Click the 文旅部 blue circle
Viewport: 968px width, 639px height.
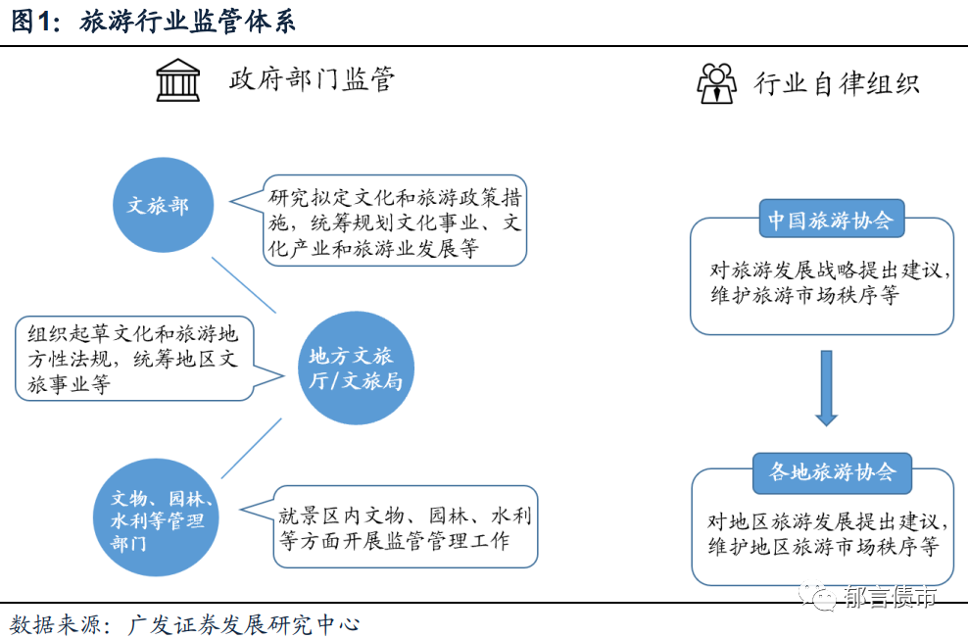[x=158, y=206]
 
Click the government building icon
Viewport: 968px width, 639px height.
[x=177, y=80]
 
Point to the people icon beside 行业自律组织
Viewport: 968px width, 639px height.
[x=716, y=83]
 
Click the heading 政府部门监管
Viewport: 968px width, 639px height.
[x=312, y=79]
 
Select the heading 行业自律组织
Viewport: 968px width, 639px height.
[x=836, y=83]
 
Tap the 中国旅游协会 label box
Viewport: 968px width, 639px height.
[x=830, y=221]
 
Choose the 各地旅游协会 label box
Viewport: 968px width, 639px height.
[x=832, y=472]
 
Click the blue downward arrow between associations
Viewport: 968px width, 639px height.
[x=826, y=387]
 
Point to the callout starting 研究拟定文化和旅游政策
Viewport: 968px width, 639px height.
[x=395, y=222]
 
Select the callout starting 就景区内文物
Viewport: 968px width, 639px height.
[x=406, y=527]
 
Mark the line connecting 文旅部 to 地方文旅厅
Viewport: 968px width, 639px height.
[x=244, y=283]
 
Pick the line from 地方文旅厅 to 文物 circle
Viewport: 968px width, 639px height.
[x=251, y=449]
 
